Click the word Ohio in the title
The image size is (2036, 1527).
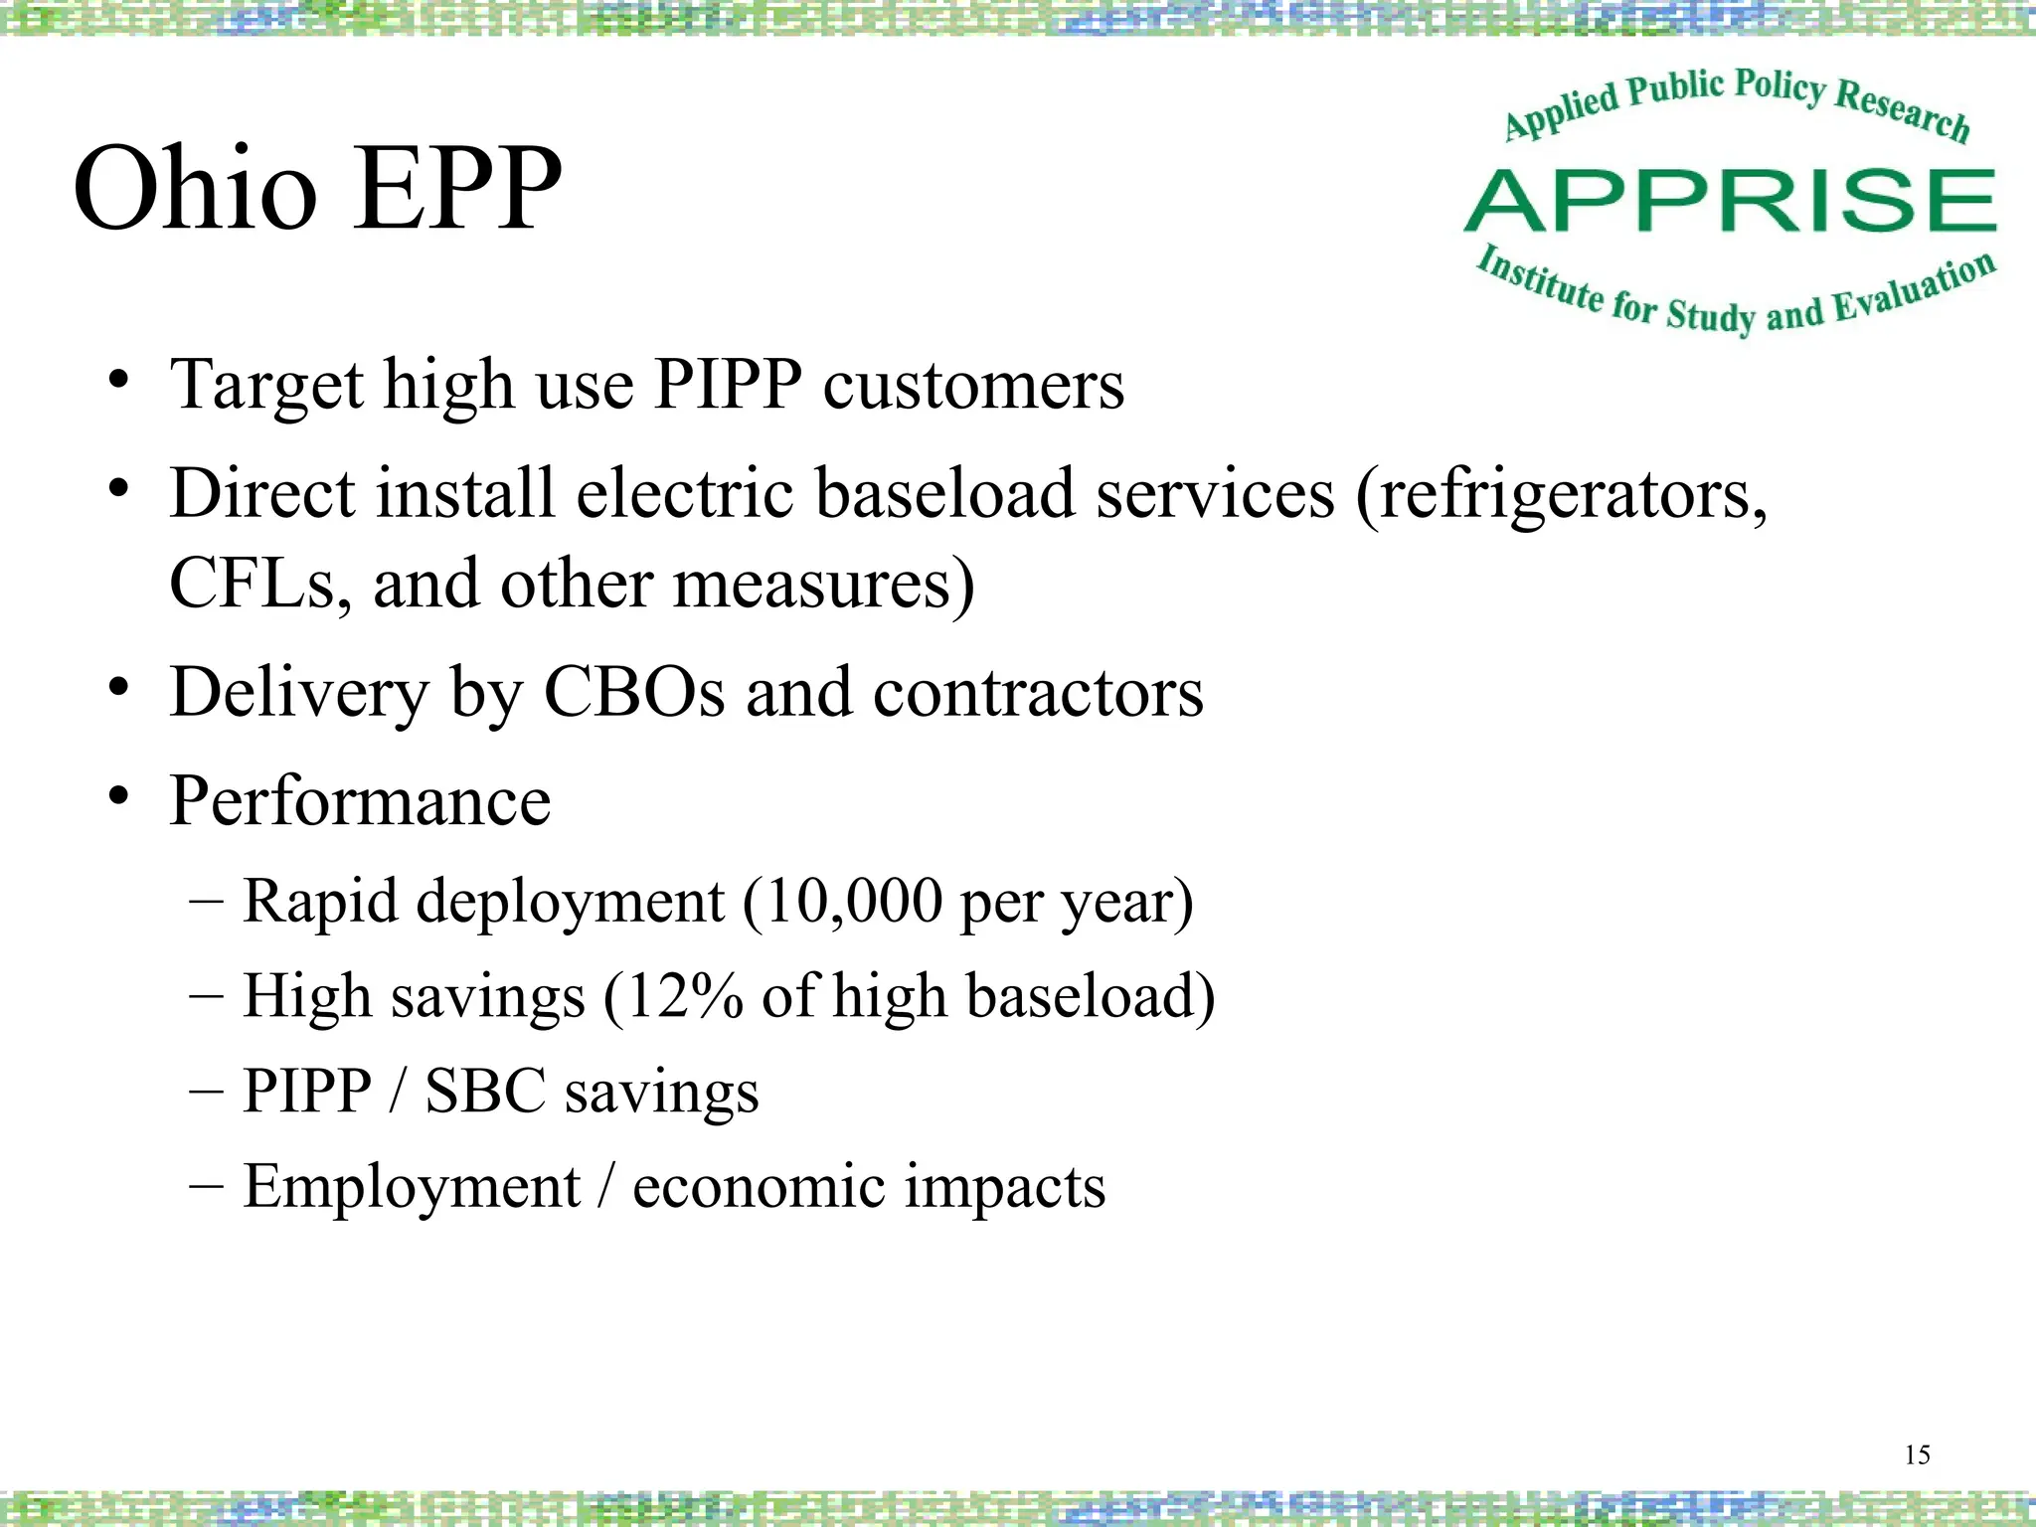195,189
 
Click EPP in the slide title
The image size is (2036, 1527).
456,189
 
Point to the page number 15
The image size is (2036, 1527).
1917,1455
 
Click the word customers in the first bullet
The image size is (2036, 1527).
973,386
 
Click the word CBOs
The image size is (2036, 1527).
634,693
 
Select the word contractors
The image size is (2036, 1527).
1038,693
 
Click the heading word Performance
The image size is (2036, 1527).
360,801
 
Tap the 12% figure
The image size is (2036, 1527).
684,996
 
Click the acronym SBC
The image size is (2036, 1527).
485,1091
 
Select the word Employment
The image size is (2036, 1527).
412,1186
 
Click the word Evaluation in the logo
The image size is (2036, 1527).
1913,288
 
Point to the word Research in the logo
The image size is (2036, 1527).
1901,109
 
